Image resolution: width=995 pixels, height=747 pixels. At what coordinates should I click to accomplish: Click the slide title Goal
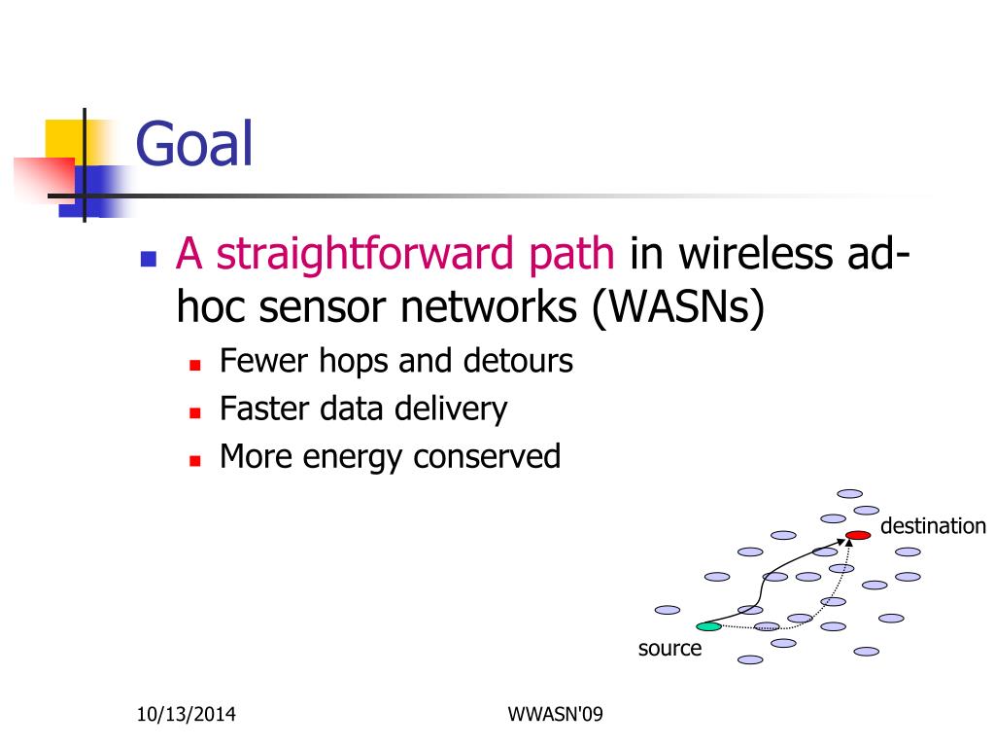pyautogui.click(x=194, y=144)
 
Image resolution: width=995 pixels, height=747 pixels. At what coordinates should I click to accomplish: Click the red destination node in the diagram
pyautogui.click(x=858, y=536)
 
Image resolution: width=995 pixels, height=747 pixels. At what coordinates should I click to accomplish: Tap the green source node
pyautogui.click(x=708, y=626)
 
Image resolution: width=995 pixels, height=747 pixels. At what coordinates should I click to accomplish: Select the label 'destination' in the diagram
pyautogui.click(x=933, y=526)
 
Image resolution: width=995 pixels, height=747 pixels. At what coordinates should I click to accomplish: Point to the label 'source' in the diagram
pyautogui.click(x=669, y=649)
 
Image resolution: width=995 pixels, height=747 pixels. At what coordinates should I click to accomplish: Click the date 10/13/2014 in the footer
pyautogui.click(x=186, y=715)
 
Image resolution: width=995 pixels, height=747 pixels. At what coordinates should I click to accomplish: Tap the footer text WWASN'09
pyautogui.click(x=555, y=714)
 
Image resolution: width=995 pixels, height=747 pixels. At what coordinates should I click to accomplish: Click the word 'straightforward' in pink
pyautogui.click(x=364, y=254)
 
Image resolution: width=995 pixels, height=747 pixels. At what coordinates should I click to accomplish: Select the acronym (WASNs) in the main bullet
pyautogui.click(x=677, y=307)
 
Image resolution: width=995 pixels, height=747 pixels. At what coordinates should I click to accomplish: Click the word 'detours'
pyautogui.click(x=518, y=361)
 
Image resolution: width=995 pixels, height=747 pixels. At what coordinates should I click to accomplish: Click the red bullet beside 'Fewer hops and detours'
pyautogui.click(x=194, y=366)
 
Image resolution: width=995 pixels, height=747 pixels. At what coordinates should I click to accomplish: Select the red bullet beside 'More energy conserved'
pyautogui.click(x=194, y=460)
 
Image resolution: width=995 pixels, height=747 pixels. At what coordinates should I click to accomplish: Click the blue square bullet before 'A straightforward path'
pyautogui.click(x=149, y=259)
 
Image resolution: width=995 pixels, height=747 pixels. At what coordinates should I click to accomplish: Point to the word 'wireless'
pyautogui.click(x=755, y=254)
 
